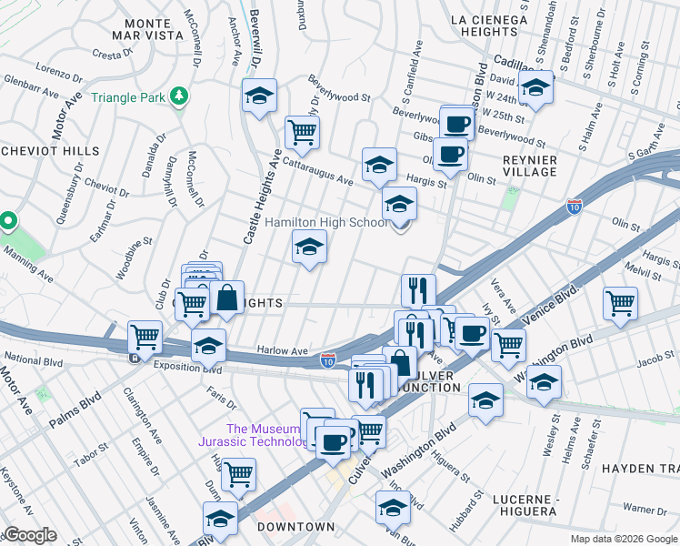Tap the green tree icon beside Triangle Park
click(x=181, y=95)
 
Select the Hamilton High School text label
click(x=326, y=222)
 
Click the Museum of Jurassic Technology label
click(x=263, y=435)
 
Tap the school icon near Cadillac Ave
click(x=536, y=88)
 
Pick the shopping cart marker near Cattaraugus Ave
click(x=302, y=132)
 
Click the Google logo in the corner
click(x=29, y=535)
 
